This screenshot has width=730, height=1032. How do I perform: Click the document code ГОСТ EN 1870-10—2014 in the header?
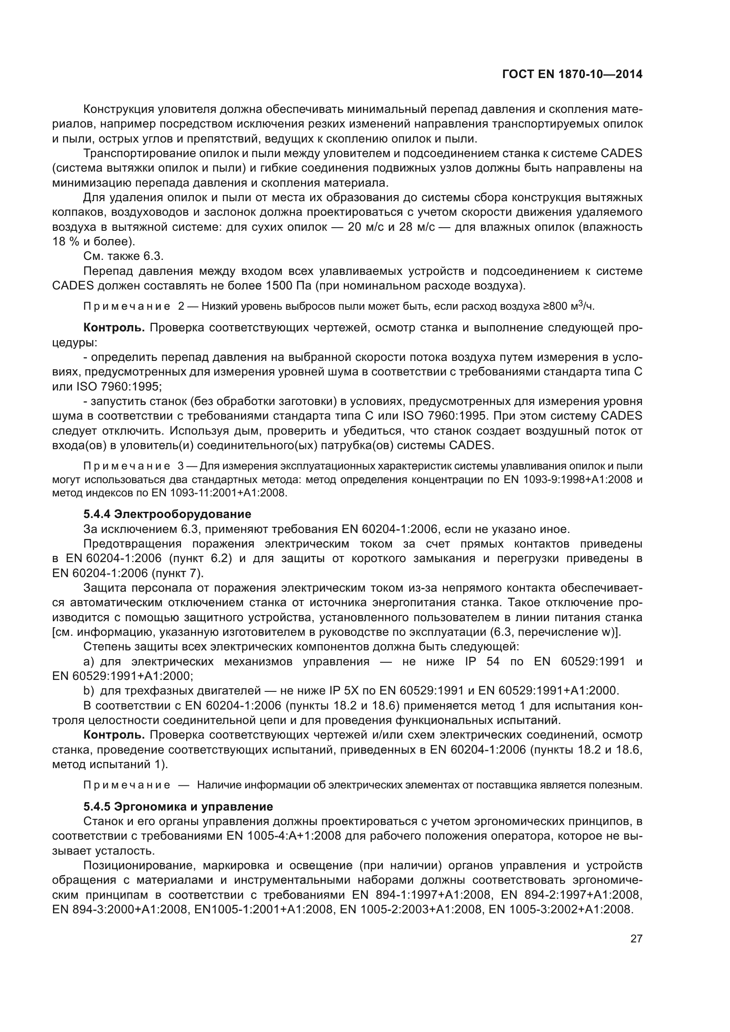(572, 75)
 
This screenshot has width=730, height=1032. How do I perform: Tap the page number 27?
(636, 938)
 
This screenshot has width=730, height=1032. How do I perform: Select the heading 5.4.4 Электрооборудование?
(167, 514)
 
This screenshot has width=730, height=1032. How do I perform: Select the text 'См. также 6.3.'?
(124, 256)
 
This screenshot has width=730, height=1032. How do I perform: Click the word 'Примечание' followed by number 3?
(127, 465)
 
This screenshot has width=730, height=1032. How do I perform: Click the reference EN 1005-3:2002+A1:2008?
(561, 909)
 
